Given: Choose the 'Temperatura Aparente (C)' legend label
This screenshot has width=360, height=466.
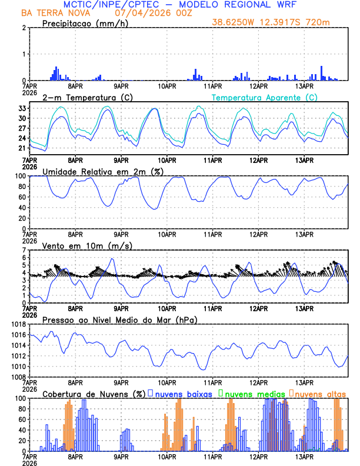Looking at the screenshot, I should pos(264,97).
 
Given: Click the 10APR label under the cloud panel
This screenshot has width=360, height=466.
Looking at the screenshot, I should pos(166,456).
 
